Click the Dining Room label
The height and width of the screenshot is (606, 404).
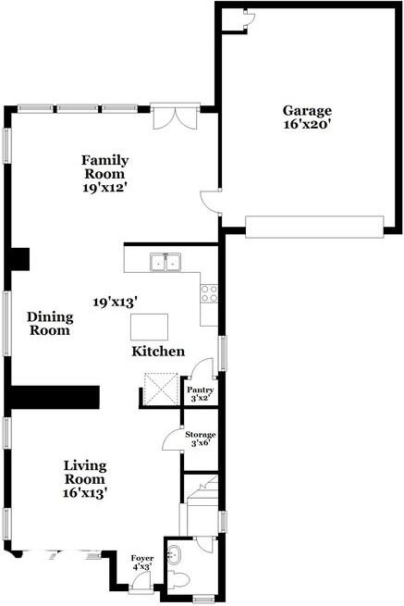[x=50, y=323]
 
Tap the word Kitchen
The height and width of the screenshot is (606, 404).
[x=157, y=352]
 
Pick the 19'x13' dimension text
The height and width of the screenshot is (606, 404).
[x=115, y=302]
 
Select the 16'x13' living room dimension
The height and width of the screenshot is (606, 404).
[x=85, y=493]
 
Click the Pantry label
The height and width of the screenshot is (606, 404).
[x=201, y=390]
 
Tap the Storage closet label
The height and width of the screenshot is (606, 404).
[x=201, y=435]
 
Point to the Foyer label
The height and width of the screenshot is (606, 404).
[x=141, y=558]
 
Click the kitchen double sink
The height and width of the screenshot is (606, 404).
[x=167, y=263]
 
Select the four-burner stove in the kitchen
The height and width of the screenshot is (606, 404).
[x=209, y=293]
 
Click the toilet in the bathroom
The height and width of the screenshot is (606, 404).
[x=180, y=581]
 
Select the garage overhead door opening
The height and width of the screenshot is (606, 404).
[x=313, y=227]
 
